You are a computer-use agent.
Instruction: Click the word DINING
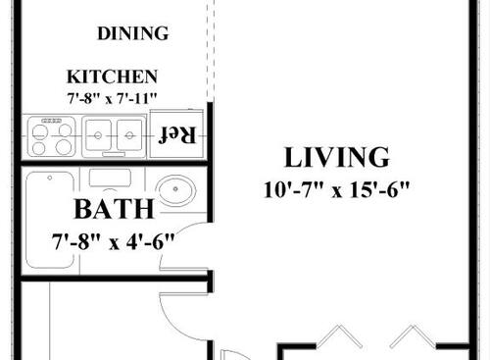(133, 33)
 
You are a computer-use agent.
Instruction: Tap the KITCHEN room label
(112, 76)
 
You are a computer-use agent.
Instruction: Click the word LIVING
(336, 157)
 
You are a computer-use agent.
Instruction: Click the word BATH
(114, 209)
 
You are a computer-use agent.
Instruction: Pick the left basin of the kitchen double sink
(99, 136)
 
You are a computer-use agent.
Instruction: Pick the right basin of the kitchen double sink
(130, 136)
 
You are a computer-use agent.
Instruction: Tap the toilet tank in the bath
(110, 178)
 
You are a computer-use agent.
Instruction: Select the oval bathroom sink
(175, 191)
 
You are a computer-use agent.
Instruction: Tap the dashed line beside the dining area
(209, 49)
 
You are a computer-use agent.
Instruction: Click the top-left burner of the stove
(40, 126)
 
